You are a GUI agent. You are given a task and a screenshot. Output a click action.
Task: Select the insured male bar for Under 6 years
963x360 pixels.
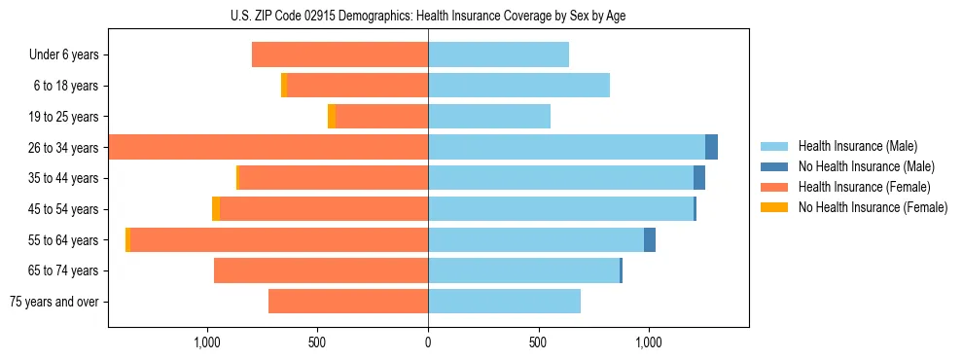pos(498,54)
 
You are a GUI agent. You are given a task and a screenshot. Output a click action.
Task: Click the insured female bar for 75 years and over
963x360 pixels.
pos(348,302)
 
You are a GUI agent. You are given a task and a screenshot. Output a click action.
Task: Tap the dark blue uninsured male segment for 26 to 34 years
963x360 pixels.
pos(711,147)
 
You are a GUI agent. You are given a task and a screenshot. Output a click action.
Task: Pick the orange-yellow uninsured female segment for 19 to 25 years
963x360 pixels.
pos(332,116)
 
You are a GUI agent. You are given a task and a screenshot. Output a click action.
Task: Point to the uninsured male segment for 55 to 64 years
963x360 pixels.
pos(650,239)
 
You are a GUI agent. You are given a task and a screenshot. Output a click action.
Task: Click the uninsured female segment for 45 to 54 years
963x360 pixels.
pos(216,208)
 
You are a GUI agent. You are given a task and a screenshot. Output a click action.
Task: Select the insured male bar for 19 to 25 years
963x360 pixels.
pos(489,116)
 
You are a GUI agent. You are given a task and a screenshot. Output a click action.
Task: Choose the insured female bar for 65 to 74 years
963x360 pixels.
pos(321,270)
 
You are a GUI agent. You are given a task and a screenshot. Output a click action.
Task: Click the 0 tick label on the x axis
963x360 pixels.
pos(428,342)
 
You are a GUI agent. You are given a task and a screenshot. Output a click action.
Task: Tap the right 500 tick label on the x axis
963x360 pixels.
pos(538,342)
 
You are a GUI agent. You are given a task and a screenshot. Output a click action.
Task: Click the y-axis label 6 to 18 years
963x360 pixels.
pos(66,86)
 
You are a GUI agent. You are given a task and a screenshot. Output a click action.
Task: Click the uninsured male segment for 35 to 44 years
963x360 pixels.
pos(699,177)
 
